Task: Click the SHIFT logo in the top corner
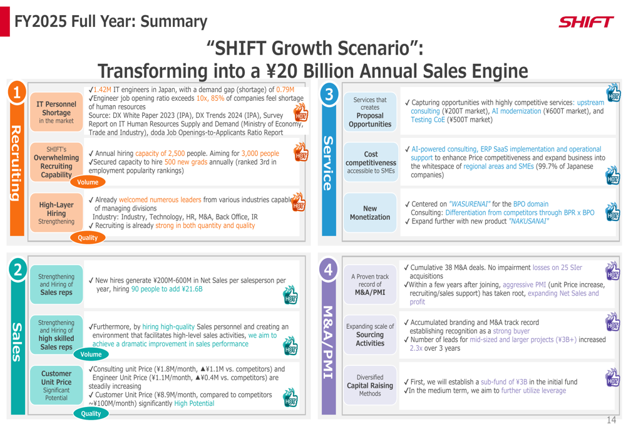[586, 23]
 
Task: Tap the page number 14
[611, 420]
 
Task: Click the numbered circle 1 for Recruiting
[18, 93]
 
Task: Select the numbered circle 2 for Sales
[18, 269]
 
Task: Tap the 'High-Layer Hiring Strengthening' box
[56, 213]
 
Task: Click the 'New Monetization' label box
[370, 213]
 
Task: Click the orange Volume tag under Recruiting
[88, 182]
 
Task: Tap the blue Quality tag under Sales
[90, 413]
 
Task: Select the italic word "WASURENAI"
[470, 204]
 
